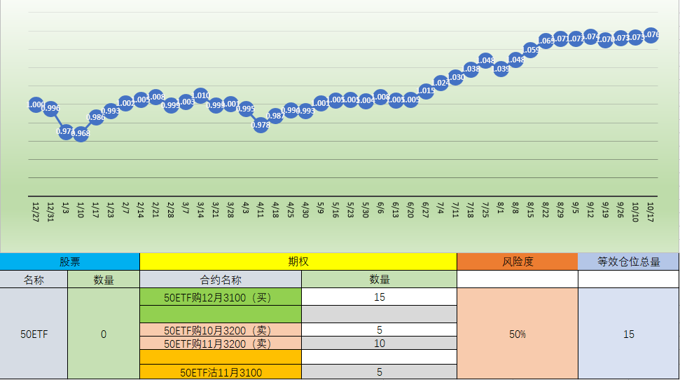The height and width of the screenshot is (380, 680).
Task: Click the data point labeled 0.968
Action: point(81,133)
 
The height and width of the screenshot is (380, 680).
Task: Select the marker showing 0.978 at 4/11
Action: point(261,125)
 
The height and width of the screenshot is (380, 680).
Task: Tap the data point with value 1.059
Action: point(530,50)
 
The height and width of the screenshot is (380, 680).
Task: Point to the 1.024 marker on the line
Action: point(440,83)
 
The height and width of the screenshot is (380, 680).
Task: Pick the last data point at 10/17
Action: point(651,34)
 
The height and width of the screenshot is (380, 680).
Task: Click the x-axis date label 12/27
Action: point(36,210)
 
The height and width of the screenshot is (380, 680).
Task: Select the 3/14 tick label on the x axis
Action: point(200,210)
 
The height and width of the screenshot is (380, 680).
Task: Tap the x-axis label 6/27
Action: point(425,210)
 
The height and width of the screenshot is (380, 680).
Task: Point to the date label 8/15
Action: point(530,210)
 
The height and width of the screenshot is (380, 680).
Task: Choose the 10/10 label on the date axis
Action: point(635,210)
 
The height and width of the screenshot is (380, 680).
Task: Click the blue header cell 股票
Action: point(69,262)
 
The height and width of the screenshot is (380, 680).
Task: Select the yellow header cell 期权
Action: point(298,262)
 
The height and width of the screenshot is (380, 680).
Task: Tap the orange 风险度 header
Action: point(518,262)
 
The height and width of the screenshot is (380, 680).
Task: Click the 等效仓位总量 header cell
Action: point(628,262)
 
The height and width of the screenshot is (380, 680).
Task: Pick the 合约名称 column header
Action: point(221,279)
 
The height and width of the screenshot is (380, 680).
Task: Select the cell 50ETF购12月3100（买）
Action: point(221,297)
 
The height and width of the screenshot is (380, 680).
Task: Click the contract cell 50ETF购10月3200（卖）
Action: point(221,330)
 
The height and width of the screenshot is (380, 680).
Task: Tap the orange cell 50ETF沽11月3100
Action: point(221,372)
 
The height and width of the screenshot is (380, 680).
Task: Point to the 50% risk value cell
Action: point(518,334)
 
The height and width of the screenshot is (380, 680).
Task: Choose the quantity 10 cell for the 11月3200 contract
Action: point(379,343)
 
